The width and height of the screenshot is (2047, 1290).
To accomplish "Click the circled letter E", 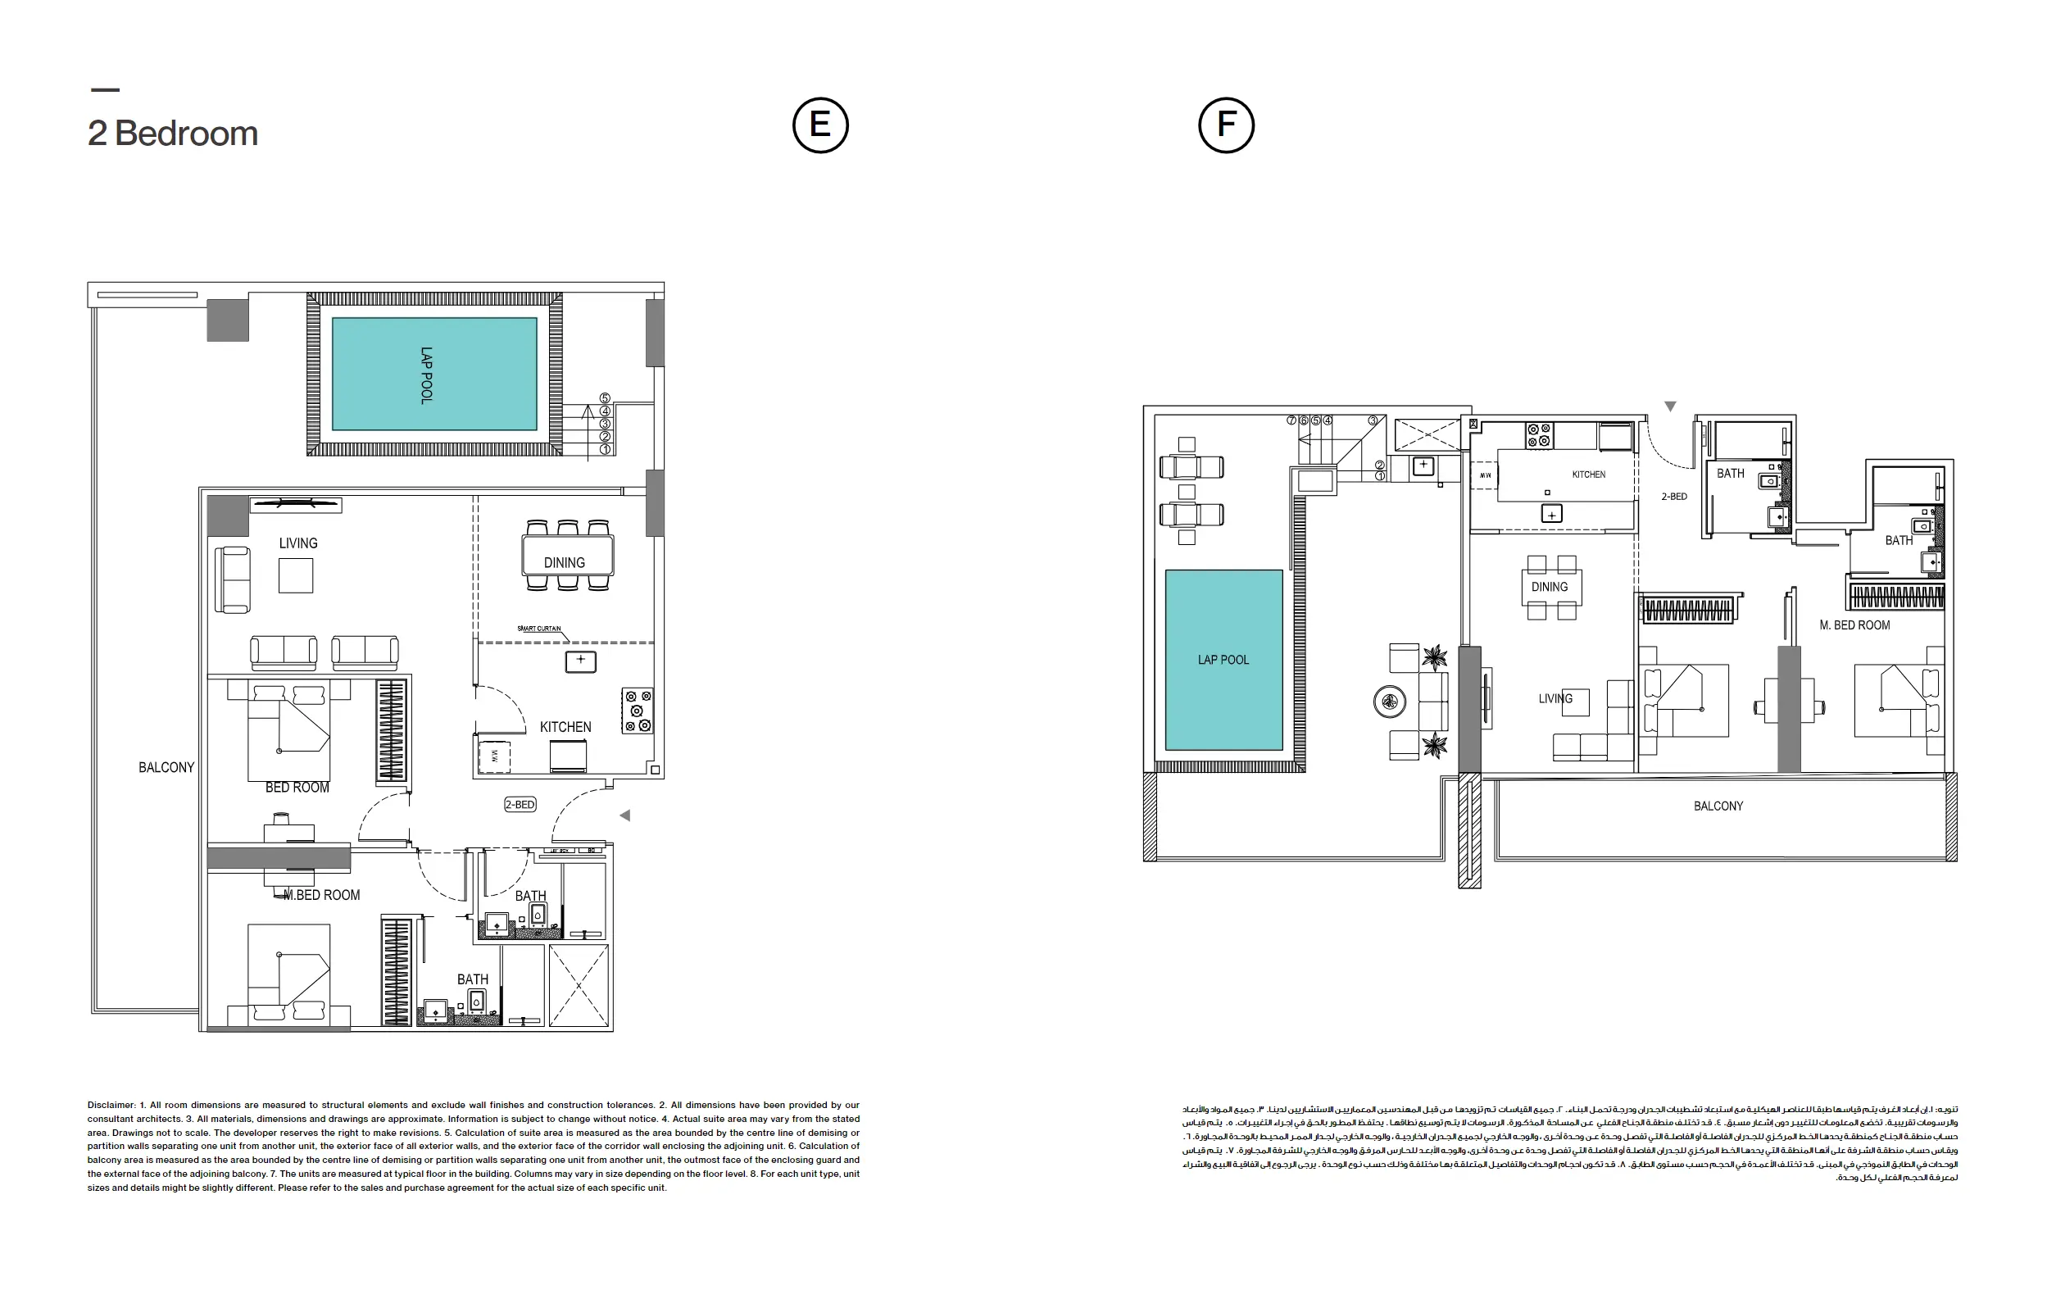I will (x=819, y=125).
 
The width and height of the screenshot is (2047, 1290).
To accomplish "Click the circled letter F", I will (x=1225, y=125).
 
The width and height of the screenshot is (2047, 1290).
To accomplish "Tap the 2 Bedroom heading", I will (x=173, y=134).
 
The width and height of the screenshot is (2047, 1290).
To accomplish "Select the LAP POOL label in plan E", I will (x=427, y=375).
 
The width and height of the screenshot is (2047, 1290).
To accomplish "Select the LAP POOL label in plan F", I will (x=1223, y=660).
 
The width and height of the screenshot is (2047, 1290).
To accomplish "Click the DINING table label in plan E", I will (x=564, y=563).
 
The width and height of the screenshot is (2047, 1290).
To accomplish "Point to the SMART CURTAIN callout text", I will (x=539, y=629).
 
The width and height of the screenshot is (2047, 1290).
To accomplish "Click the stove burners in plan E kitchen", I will (x=638, y=711).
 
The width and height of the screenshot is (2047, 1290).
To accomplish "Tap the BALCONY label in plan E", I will (x=166, y=767).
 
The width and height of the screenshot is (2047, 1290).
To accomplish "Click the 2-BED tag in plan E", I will (x=520, y=805).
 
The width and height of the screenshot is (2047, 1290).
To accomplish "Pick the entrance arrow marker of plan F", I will (x=1669, y=407).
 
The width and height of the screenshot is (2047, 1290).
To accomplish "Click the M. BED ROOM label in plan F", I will (x=1854, y=625).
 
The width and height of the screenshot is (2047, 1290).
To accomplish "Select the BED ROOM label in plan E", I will (x=297, y=788).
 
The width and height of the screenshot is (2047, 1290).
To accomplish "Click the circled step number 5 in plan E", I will (x=606, y=398).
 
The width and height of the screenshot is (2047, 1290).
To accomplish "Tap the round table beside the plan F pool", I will (x=1389, y=702).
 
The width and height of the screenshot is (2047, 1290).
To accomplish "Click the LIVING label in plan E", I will (x=297, y=543).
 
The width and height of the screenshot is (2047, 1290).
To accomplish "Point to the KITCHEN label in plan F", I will (x=1588, y=475).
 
